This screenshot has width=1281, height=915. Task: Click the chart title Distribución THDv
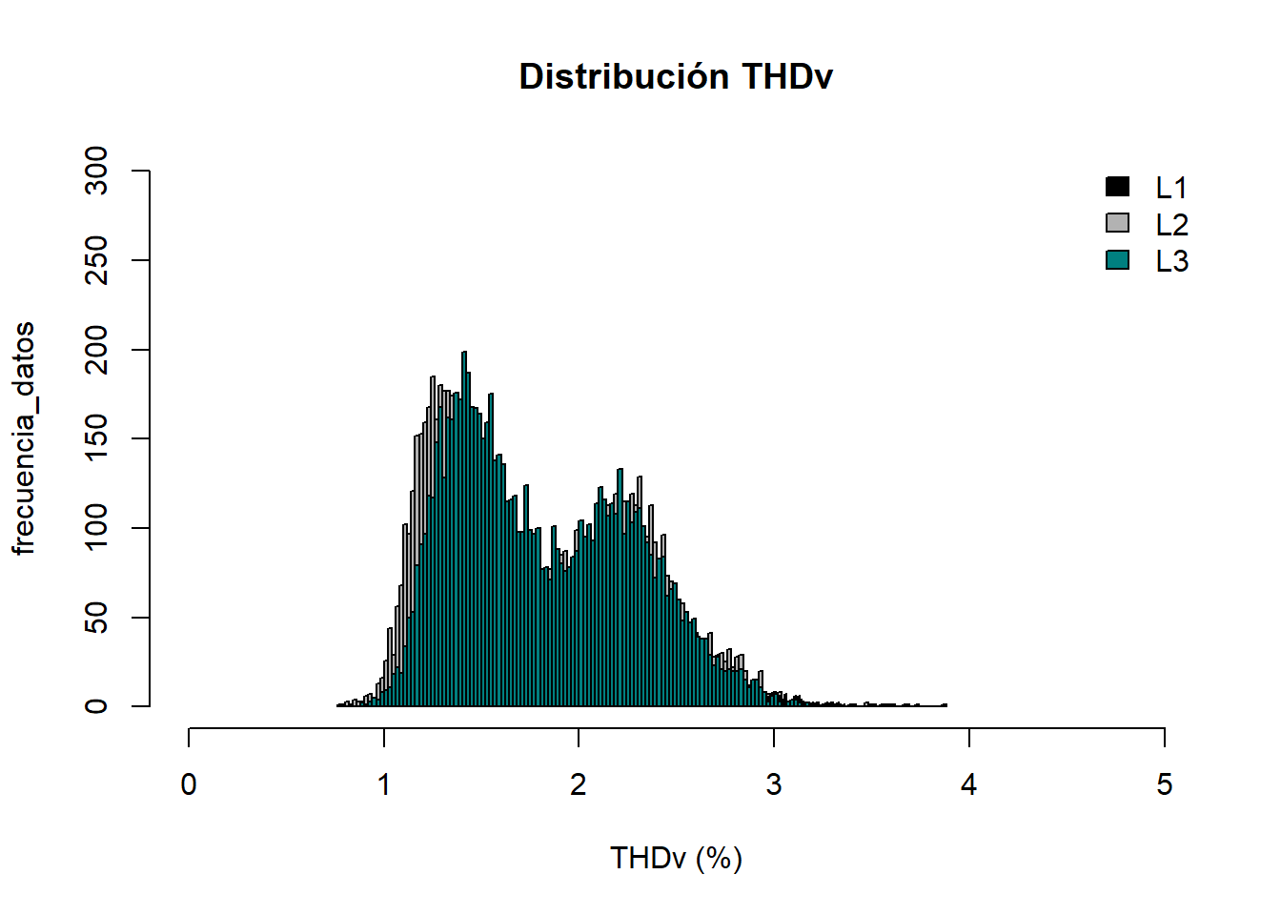click(676, 76)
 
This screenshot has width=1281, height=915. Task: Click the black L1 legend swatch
click(1117, 187)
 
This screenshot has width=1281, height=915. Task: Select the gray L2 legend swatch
click(1117, 223)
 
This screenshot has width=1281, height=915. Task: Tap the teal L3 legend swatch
click(1117, 259)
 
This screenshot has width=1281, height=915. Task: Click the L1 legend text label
click(1171, 188)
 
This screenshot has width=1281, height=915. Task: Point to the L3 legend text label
click(1171, 261)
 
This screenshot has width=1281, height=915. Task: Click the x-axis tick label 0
click(189, 784)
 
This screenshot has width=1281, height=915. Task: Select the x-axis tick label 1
click(384, 784)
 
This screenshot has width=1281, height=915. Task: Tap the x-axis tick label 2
click(579, 784)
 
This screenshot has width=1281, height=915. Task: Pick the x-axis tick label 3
click(774, 784)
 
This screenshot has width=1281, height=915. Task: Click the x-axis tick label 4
click(969, 784)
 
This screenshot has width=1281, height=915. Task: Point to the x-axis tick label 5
click(1164, 784)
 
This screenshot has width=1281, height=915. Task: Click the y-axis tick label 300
click(96, 171)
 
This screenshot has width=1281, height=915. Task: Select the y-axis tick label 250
click(96, 260)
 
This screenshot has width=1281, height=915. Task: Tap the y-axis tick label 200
click(96, 350)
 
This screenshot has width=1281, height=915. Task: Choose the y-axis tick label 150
click(96, 438)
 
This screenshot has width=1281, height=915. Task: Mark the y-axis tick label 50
click(96, 618)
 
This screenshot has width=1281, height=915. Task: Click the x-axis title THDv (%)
click(676, 858)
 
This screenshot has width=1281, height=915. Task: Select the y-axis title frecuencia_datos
click(24, 438)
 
